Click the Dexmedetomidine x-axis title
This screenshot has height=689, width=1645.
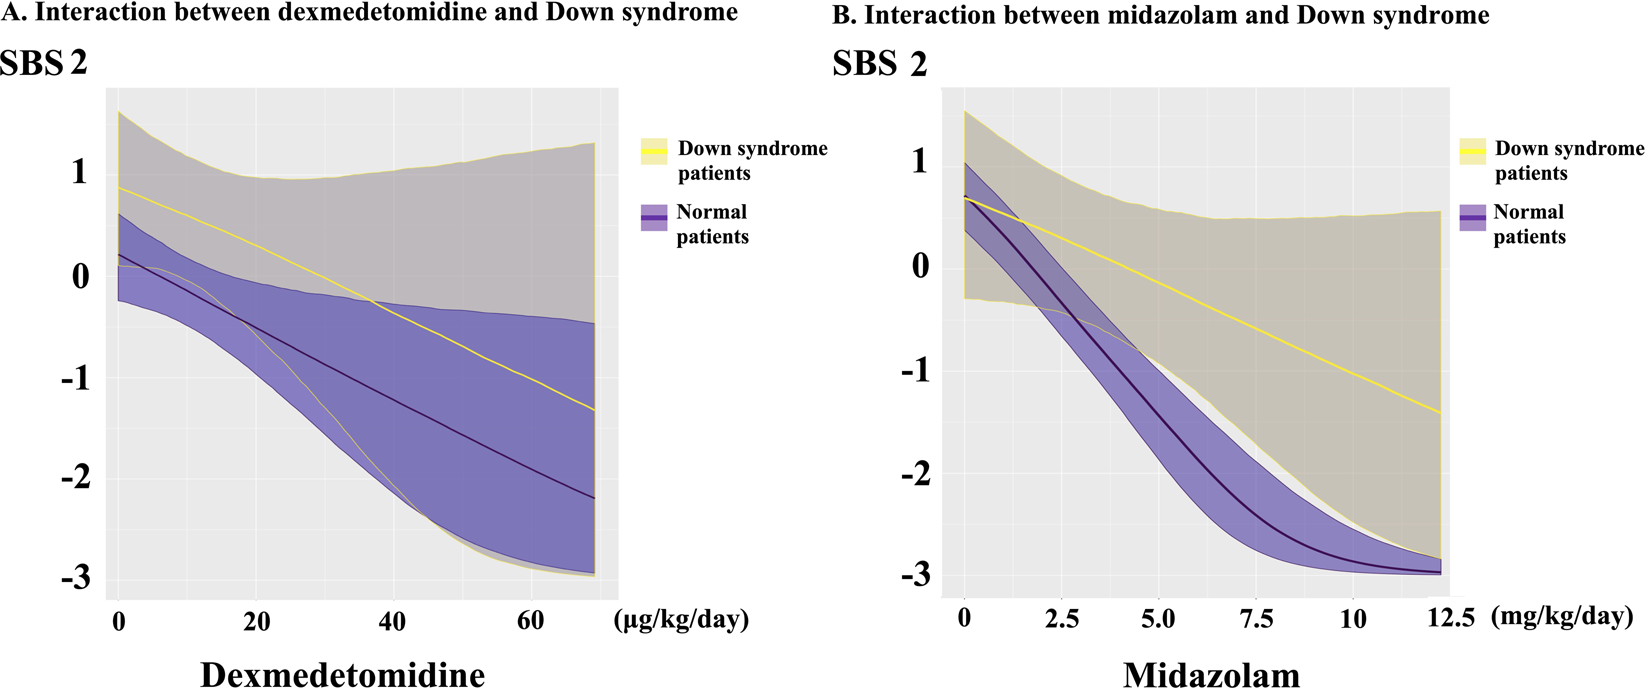pos(342,674)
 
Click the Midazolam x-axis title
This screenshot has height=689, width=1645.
pos(1211,675)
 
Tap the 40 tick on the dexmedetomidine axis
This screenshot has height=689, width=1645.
pos(393,621)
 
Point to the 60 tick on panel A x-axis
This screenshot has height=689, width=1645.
pos(530,621)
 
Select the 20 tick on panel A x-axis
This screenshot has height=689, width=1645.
pos(256,621)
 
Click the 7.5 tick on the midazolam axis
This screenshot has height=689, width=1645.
pos(1256,619)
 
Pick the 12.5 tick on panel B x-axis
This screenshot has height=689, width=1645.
pos(1450,618)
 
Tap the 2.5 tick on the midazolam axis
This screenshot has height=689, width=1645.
pos(1062,619)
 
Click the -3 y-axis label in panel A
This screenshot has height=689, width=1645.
pos(75,578)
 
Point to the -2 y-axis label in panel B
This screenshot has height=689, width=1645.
pos(915,473)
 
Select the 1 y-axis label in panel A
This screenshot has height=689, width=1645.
pos(80,172)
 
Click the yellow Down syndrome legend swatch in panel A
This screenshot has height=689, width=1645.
pos(654,151)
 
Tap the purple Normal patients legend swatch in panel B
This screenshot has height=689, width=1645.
pos(1472,217)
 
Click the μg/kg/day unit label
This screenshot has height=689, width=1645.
pos(681,620)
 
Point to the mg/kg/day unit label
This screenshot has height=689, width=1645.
pos(1561,616)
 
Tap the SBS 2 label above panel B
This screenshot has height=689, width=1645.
pos(879,64)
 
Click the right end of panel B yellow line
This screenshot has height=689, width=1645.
pos(1439,412)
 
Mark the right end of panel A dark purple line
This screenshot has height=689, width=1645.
pos(594,498)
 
